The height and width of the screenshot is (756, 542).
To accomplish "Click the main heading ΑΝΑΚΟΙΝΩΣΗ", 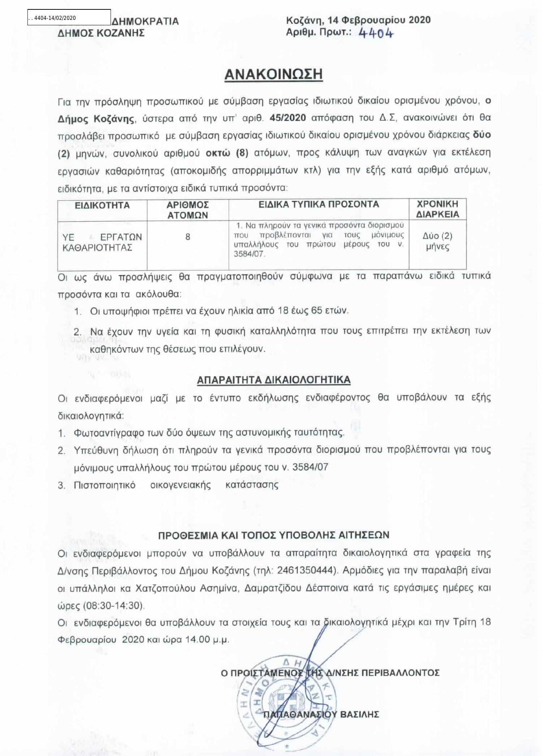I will tap(274, 74).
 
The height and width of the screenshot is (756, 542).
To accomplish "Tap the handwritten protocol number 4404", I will tap(376, 33).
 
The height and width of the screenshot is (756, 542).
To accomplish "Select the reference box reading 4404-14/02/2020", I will tap(69, 18).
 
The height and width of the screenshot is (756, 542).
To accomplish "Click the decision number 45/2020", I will tap(288, 118).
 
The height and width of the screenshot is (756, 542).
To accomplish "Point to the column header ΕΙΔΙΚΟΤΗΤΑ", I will tap(102, 205).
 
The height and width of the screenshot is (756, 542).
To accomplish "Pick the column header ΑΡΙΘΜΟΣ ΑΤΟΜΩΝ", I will tap(188, 210).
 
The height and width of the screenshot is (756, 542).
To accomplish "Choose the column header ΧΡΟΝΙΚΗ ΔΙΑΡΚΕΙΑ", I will tap(437, 209).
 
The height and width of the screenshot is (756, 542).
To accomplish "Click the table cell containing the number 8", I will tap(188, 237).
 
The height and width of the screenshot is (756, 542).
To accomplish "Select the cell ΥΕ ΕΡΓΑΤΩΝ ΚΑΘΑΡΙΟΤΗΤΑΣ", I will tap(102, 242).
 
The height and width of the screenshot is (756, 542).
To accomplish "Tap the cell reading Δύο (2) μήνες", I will tap(437, 241).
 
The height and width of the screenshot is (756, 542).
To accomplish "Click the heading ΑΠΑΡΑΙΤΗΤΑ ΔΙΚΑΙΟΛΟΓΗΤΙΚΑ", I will tap(274, 380).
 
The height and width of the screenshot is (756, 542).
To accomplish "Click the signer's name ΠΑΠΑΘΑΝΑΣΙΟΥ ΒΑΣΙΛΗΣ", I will tap(321, 714).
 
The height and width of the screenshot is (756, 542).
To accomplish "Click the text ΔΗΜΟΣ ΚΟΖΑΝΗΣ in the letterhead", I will tap(101, 33).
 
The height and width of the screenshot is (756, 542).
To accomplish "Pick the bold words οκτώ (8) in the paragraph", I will tap(227, 153).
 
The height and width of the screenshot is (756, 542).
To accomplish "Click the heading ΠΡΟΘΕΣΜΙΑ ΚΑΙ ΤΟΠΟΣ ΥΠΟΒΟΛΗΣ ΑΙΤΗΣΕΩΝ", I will tap(274, 535).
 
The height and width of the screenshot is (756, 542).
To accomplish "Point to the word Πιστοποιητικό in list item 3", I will tap(104, 485).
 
